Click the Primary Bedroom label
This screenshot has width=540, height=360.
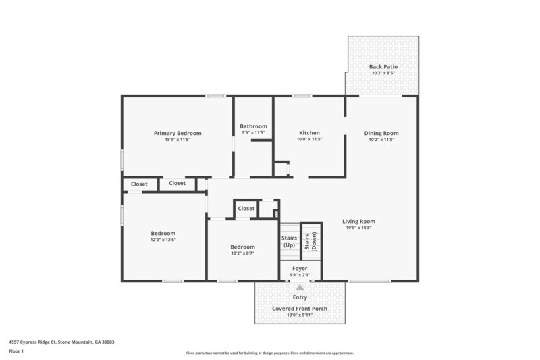point(178,133)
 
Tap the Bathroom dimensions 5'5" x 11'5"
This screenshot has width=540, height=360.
point(254,133)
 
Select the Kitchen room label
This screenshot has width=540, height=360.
point(309,133)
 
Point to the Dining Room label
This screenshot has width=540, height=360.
point(381,133)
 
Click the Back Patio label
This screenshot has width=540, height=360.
point(383,66)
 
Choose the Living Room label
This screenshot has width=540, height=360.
point(358,221)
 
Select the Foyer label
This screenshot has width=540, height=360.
point(300,268)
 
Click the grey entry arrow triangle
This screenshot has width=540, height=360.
point(300,287)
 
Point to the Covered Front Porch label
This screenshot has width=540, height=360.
point(300,309)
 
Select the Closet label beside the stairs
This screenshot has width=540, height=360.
point(246,209)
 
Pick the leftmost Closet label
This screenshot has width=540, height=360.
point(139,184)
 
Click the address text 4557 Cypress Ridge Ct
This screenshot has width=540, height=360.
point(61,342)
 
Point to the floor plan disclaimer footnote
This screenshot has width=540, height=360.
point(269,353)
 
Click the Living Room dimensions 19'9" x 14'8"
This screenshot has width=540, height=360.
point(358,228)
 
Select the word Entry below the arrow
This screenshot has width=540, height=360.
point(300,297)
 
